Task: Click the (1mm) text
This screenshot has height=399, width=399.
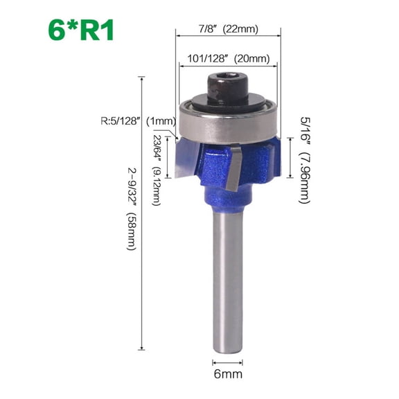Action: [x=163, y=121]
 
